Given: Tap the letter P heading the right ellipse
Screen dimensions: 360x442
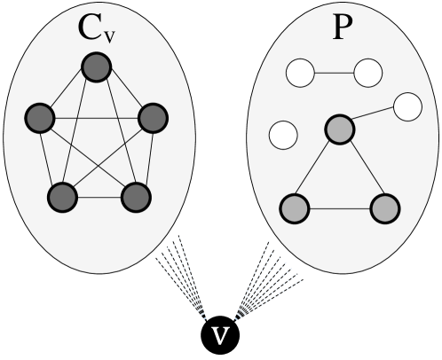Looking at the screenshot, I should [x=340, y=28].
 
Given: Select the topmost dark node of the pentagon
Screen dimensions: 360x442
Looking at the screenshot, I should [x=95, y=68].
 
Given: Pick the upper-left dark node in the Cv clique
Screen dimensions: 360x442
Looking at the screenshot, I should [x=40, y=116].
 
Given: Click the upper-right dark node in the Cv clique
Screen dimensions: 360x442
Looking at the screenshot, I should [x=153, y=116].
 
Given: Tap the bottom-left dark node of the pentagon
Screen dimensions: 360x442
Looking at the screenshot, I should [x=61, y=196].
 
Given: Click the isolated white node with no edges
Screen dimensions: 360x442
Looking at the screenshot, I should [x=283, y=136].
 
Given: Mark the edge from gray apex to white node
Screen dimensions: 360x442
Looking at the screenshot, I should [x=374, y=118].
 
